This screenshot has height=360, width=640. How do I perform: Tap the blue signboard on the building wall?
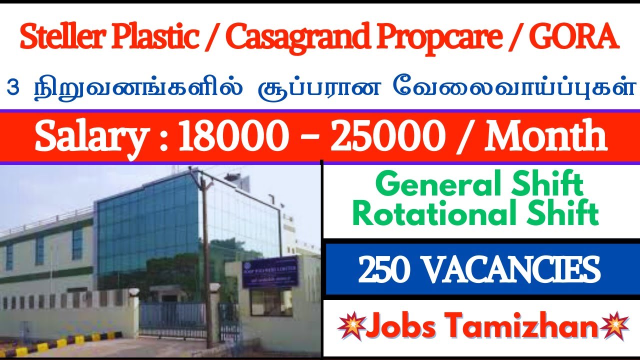coord(270,272)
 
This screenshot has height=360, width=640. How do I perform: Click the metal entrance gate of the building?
coord(172,320)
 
